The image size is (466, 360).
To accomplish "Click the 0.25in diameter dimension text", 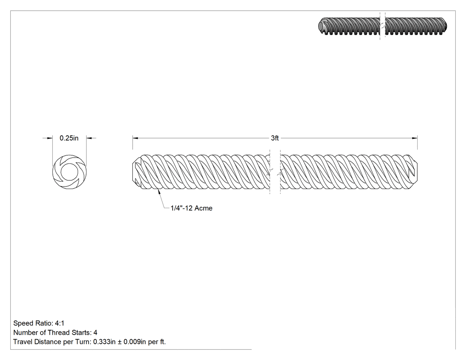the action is tap(69, 138).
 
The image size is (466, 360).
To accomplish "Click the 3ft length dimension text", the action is tap(275, 138).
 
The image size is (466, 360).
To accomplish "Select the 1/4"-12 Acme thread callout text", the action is tap(191, 208).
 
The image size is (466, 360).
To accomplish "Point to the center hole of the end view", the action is tap(70, 172).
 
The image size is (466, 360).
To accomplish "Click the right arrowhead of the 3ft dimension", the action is tap(415, 138).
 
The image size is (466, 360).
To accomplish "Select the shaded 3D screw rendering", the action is tap(383, 27).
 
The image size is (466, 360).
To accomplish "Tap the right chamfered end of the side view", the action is tap(414, 172).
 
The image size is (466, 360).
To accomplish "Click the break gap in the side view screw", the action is tap(275, 172).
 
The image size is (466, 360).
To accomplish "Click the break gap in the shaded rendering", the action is tap(383, 27).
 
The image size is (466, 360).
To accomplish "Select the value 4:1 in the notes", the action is tap(59, 323).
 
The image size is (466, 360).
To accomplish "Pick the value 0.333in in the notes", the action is tap(104, 341).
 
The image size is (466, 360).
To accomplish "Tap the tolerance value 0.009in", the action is tap(134, 341).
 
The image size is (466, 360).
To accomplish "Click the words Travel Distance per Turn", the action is tap(52, 341).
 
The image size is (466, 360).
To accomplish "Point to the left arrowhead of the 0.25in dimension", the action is tap(50, 138).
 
